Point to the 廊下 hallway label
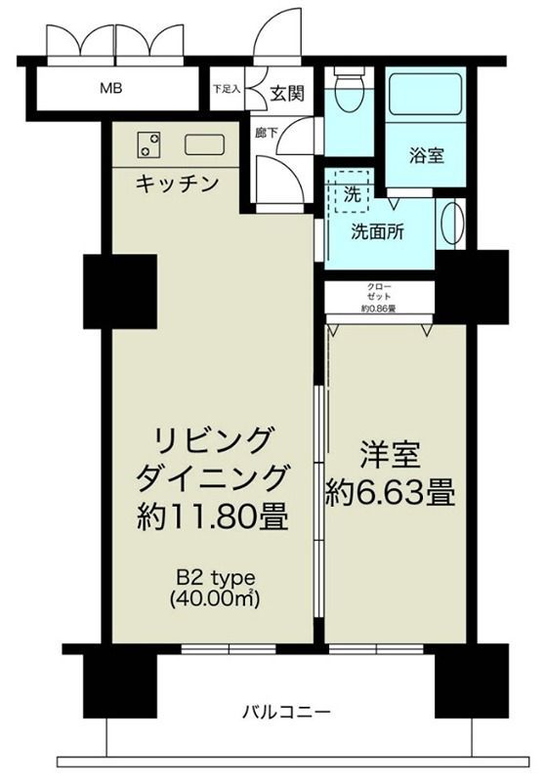point(265,133)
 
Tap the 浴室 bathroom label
point(426,154)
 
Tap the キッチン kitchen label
point(176,183)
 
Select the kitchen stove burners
point(149,144)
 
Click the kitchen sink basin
point(205,144)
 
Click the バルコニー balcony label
point(286,711)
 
